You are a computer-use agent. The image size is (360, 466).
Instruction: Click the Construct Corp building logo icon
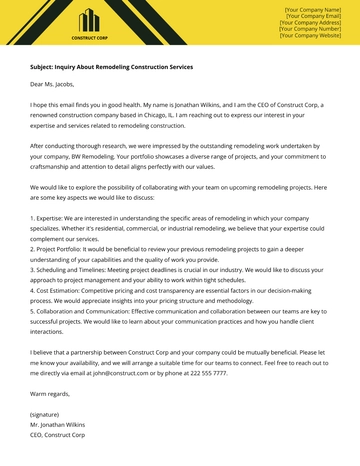pos(90,21)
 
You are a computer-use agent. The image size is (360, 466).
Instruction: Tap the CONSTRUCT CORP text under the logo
pos(90,38)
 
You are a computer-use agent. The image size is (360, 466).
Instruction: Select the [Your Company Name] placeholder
pos(312,8)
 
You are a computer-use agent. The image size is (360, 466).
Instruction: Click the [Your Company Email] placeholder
pos(312,15)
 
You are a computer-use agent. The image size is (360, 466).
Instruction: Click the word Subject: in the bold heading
pos(45,67)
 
